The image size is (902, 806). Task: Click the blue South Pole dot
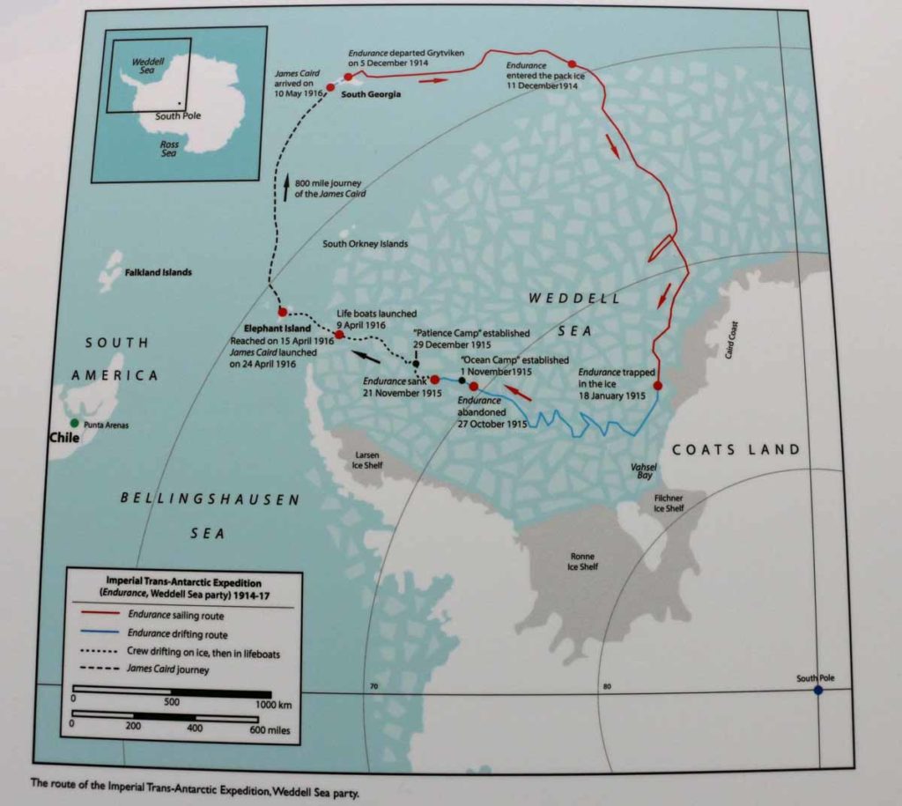pos(818,690)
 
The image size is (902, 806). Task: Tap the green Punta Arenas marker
pos(75,425)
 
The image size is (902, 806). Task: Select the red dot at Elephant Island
pos(282,312)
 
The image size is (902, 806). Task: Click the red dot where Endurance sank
pos(434,380)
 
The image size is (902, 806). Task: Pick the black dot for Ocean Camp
pos(462,381)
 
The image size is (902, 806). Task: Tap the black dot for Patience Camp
pos(416,363)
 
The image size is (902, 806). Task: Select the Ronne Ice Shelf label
pos(582,561)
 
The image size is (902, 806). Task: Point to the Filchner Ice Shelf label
pos(669,503)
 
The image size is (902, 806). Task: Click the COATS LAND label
pos(736,450)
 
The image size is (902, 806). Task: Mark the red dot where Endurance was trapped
pos(657,386)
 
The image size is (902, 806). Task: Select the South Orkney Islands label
pos(365,244)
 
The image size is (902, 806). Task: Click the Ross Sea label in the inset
pos(169,148)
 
